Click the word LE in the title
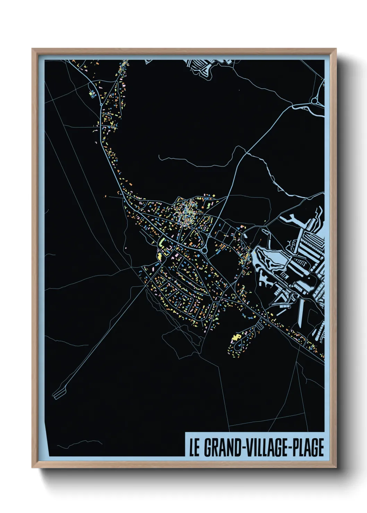194,447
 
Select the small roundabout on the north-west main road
101,104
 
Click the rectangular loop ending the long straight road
59,393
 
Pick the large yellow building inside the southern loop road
237,337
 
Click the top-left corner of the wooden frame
32,49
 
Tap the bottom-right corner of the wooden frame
336,468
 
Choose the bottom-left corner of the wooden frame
32,468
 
